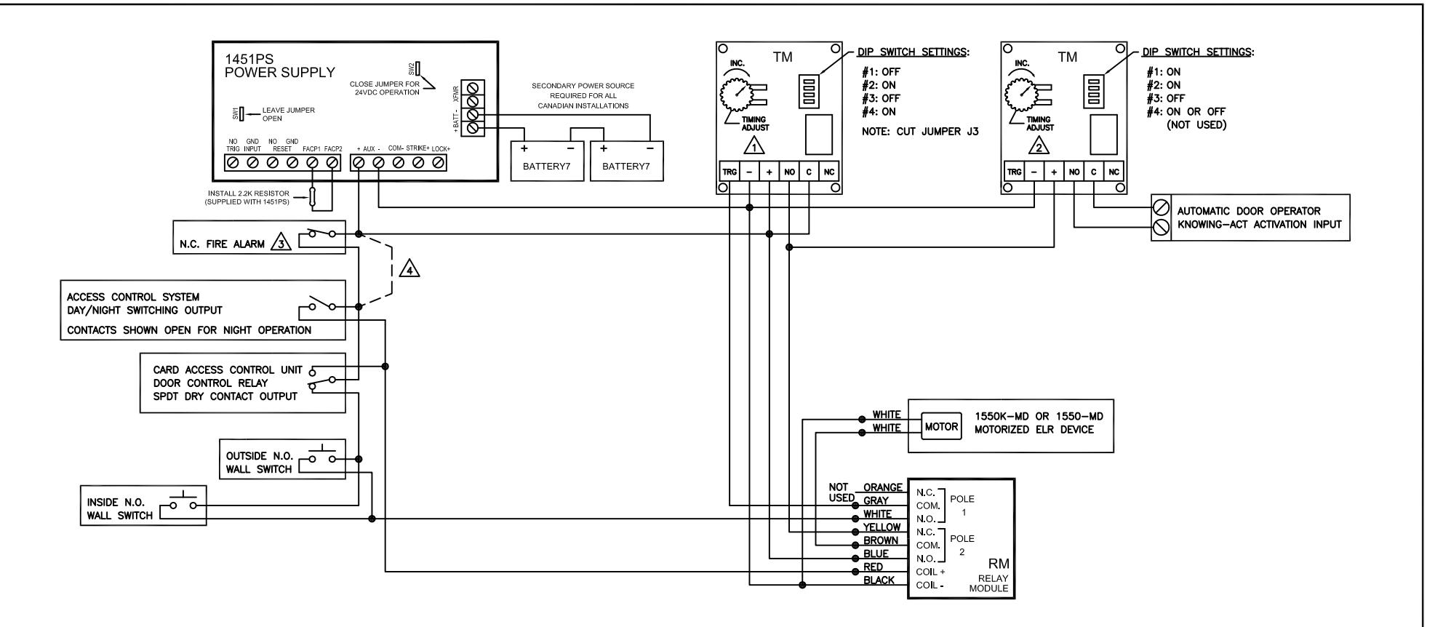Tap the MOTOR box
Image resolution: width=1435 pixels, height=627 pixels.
(x=941, y=427)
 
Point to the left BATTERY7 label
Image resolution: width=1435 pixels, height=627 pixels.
(x=547, y=166)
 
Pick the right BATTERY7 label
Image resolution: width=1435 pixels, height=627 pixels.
(x=625, y=166)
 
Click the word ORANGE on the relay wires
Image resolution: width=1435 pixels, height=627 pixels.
(x=883, y=487)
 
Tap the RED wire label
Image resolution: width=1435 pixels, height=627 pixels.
(x=874, y=567)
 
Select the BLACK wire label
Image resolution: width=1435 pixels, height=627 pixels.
(x=879, y=580)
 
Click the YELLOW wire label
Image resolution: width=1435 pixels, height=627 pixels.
(x=882, y=527)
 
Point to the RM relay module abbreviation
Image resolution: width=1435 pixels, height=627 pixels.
(x=999, y=564)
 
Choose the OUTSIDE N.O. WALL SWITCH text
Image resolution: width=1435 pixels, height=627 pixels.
(x=258, y=463)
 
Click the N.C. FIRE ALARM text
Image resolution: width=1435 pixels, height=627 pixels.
(x=222, y=244)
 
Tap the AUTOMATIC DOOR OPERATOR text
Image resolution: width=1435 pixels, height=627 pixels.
(x=1249, y=211)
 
